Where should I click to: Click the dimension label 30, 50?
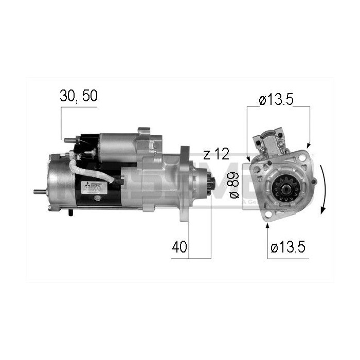tap(78, 97)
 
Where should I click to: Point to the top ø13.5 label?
tap(276, 100)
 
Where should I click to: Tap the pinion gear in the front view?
tap(281, 188)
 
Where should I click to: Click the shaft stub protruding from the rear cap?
tap(39, 192)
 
